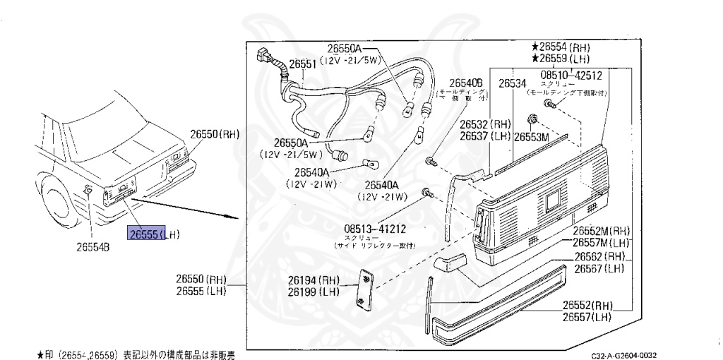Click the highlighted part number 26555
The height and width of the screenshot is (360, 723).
[144, 234]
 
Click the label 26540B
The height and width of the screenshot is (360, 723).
[466, 82]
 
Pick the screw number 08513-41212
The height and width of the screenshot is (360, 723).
[375, 229]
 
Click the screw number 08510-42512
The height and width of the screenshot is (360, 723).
[571, 75]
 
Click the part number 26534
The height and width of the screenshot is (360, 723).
[513, 83]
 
